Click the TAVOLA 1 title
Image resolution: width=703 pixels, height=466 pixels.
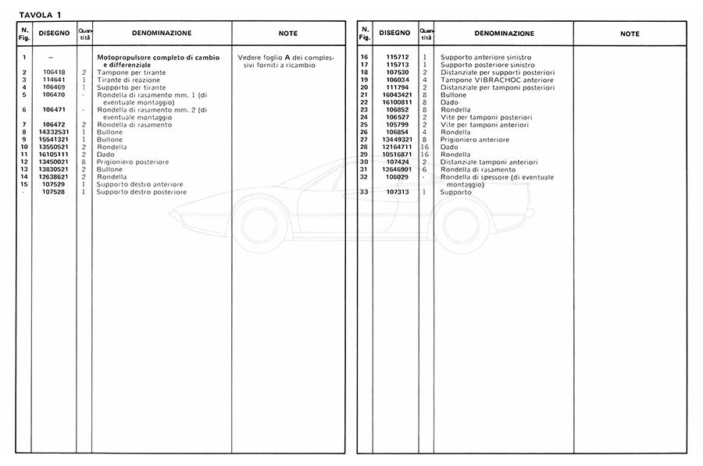tap(40, 14)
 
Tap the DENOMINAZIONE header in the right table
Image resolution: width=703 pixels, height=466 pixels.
tap(504, 34)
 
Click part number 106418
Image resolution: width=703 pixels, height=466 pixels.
tap(53, 72)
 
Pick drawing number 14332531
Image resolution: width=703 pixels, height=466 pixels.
tap(53, 133)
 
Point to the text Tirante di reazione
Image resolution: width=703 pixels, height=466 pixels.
tap(124, 79)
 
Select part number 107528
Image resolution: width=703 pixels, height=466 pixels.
tap(53, 191)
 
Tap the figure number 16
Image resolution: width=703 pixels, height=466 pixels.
tap(364, 58)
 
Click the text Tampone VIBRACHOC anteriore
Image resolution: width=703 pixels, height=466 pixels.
tap(497, 80)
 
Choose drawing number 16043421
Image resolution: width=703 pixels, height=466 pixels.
tap(395, 94)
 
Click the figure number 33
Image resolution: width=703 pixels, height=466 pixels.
tap(364, 192)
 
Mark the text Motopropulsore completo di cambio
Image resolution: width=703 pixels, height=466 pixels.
tap(158, 58)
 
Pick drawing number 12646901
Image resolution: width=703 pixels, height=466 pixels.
tap(395, 169)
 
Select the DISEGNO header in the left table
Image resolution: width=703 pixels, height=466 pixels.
tap(53, 34)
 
